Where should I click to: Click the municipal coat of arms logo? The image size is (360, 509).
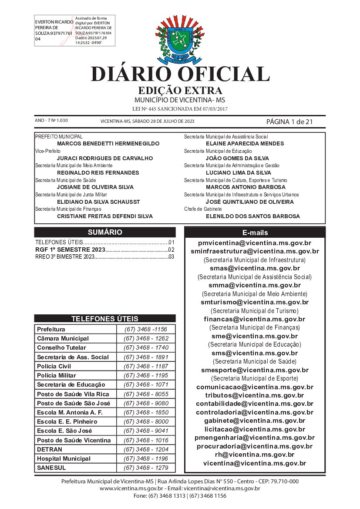[x=179, y=39]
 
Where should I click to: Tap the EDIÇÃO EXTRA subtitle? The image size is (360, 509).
[x=180, y=91]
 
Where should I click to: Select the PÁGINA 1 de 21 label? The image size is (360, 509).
[x=289, y=121]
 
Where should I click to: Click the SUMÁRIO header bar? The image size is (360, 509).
[x=105, y=232]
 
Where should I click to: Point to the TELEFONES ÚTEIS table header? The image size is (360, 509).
[x=105, y=318]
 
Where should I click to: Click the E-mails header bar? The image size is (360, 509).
[x=255, y=233]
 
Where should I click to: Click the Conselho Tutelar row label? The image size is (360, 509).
[x=61, y=348]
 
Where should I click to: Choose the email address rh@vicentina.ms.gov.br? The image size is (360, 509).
[x=255, y=455]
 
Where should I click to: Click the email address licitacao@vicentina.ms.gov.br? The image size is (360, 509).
[x=255, y=429]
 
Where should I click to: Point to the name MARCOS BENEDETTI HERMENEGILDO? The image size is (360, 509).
[x=108, y=143]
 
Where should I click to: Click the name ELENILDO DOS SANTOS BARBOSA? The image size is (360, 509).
[x=252, y=216]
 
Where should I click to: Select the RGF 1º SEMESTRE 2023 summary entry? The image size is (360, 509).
[x=71, y=249]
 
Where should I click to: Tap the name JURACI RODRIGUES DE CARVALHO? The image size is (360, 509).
[x=105, y=158]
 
